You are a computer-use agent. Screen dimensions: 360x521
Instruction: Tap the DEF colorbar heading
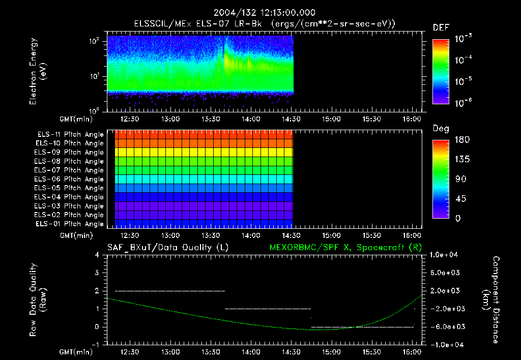coord(441,28)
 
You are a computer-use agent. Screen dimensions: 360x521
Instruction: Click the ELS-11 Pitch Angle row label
coord(70,134)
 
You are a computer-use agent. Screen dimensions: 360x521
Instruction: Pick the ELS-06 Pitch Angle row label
coord(70,179)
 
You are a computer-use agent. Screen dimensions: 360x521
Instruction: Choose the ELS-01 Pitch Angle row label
coord(70,224)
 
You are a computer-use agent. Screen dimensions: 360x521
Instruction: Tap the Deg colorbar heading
coord(441,129)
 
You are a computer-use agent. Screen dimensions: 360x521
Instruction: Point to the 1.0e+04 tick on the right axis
coord(446,255)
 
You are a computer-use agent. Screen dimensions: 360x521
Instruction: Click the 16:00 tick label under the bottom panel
coord(412,352)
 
